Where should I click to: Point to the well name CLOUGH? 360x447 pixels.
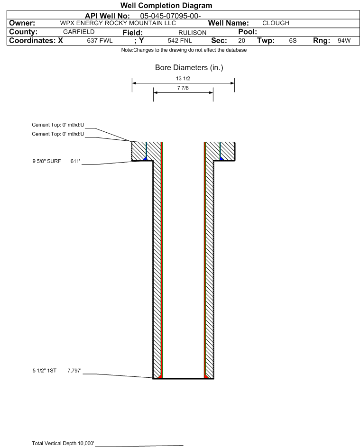point(276,23)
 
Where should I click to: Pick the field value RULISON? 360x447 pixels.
point(192,32)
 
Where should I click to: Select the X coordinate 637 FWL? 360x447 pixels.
point(100,41)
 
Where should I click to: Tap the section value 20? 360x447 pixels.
point(241,41)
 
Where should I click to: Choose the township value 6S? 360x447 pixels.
point(293,41)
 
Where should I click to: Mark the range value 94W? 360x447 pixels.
point(344,41)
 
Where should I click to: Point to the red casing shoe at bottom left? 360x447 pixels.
point(160,376)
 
